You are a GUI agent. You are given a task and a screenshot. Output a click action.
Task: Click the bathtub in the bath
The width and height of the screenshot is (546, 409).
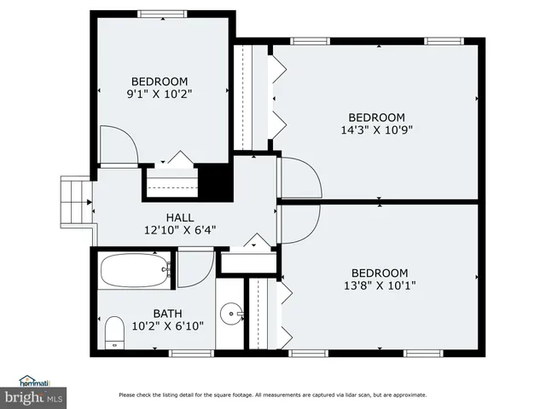(134, 272)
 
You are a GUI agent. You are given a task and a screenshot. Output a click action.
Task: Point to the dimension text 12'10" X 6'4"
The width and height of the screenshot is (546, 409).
(181, 229)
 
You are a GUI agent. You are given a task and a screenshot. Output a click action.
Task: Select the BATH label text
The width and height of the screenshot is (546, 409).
(167, 313)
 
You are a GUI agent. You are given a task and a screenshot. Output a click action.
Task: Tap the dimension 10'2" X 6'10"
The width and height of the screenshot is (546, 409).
(167, 325)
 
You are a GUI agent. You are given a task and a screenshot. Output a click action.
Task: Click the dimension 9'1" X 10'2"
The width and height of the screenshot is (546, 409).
(160, 95)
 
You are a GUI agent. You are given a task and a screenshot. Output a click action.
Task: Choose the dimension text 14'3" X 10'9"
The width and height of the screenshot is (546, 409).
(376, 130)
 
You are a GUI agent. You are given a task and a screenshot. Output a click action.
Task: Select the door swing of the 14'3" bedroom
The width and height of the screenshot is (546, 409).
(300, 177)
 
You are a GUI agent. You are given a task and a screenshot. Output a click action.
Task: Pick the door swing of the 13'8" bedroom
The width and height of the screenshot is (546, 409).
(300, 223)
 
